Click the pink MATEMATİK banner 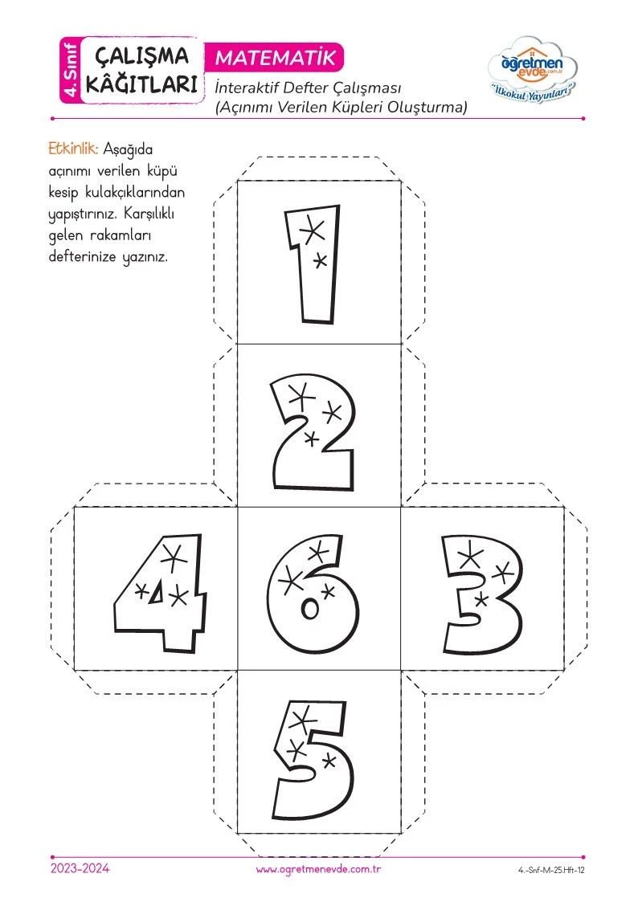click(275, 58)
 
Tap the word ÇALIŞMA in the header click(141, 56)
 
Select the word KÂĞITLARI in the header click(141, 84)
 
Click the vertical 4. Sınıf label click(70, 70)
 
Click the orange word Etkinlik click(73, 149)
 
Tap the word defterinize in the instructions click(82, 256)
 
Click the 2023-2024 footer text click(80, 868)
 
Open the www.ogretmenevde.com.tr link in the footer click(319, 869)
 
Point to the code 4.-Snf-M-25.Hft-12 click(551, 871)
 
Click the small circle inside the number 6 click(309, 609)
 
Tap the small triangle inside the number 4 click(156, 594)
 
